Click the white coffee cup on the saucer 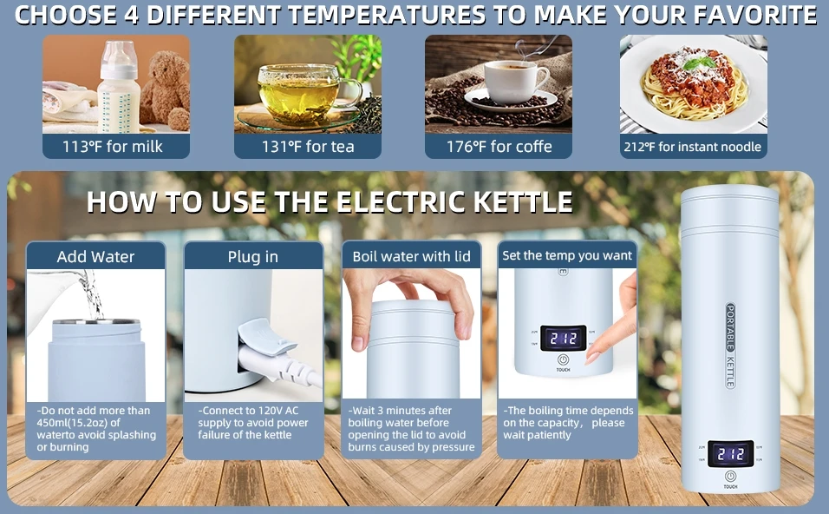515,80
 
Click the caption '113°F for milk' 113,147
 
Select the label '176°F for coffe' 499,147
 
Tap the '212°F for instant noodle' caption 693,147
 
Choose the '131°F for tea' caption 308,147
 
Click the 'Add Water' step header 95,257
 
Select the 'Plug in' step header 252,257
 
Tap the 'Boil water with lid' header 411,257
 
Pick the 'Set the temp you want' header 567,255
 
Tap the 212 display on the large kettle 731,453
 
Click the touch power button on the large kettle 731,476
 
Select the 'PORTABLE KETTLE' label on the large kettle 730,346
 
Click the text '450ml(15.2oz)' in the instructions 74,423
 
